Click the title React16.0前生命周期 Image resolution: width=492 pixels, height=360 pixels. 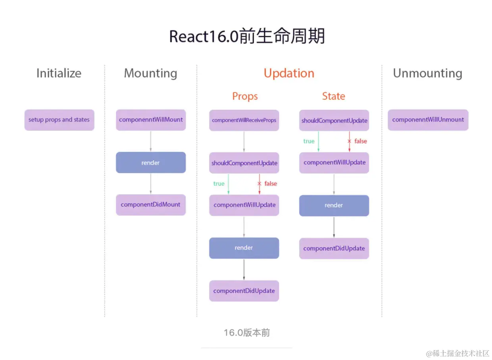(247, 37)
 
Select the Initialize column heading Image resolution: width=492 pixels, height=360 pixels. (59, 73)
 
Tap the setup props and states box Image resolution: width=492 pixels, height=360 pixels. (59, 120)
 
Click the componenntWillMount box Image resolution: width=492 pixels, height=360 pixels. (151, 120)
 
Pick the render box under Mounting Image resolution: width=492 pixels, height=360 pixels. (151, 163)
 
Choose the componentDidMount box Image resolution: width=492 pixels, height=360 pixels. (151, 205)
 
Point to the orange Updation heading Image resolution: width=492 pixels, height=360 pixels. (289, 73)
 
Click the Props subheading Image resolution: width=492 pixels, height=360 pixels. (245, 96)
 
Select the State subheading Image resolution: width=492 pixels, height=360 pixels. (334, 96)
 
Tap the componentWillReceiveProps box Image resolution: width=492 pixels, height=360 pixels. (244, 120)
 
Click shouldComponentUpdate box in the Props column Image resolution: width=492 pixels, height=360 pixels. (244, 163)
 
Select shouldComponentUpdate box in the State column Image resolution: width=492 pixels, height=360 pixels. (334, 121)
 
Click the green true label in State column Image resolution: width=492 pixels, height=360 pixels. (309, 141)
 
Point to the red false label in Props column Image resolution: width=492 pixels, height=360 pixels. (271, 184)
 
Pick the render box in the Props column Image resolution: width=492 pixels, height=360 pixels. (244, 248)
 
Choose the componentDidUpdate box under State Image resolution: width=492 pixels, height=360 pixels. (334, 248)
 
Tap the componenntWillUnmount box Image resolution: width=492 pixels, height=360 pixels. (428, 120)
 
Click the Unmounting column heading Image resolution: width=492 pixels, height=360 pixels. (427, 73)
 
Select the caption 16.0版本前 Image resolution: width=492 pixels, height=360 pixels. (247, 333)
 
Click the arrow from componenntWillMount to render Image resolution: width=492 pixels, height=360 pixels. (151, 141)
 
